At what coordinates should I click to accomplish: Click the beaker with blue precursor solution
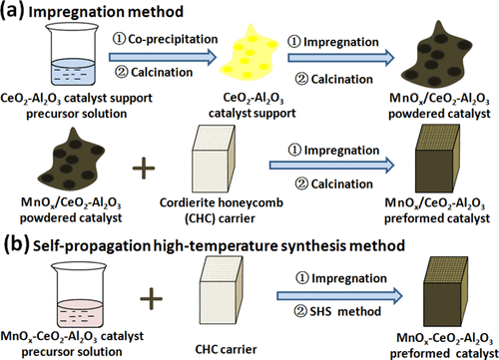[50, 55]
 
